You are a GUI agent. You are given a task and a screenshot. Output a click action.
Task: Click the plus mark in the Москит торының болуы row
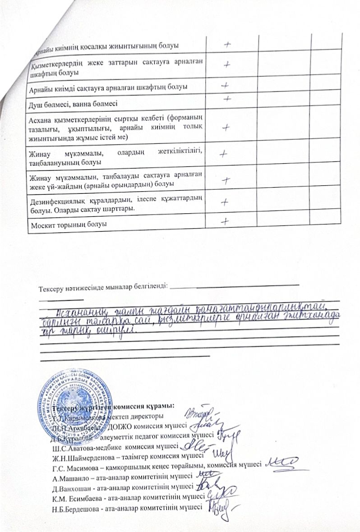click(224, 221)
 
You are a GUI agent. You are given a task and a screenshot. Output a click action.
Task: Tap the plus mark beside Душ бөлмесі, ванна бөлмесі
click(228, 97)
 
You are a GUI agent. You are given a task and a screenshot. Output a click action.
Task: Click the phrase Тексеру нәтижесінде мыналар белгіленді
click(103, 286)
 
